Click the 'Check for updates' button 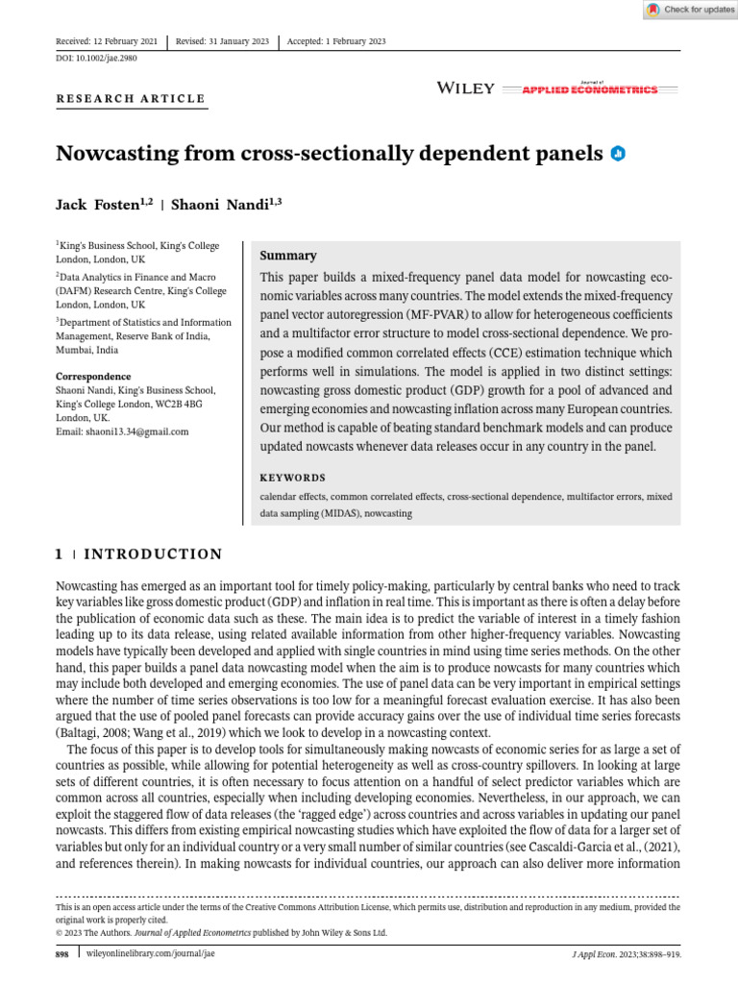(690, 10)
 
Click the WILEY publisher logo (466, 88)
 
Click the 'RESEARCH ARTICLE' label (131, 98)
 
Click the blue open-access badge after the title (619, 153)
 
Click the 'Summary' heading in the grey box (288, 256)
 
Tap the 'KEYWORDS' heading (293, 478)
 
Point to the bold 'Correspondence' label (93, 376)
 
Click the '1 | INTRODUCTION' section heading (138, 554)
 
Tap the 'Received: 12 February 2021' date (108, 41)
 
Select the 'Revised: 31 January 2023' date (222, 41)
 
